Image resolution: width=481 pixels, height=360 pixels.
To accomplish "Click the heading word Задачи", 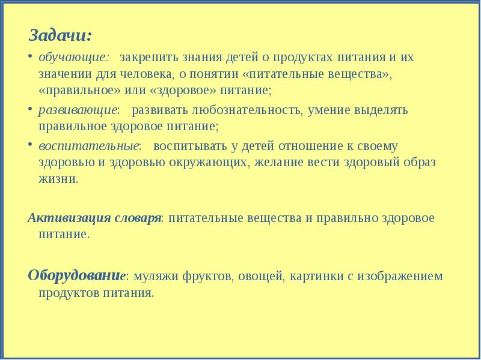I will click(60, 35).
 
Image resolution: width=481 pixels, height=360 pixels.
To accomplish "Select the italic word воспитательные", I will click(88, 146).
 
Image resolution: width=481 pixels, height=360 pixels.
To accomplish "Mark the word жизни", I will click(58, 179).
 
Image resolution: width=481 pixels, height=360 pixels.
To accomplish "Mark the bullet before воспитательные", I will click(31, 146).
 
